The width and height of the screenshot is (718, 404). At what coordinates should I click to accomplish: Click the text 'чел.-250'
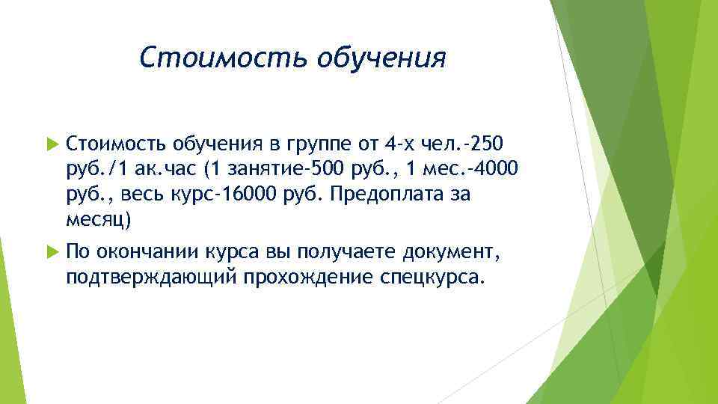pyautogui.click(x=473, y=142)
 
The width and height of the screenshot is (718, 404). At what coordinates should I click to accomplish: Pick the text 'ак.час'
pyautogui.click(x=165, y=169)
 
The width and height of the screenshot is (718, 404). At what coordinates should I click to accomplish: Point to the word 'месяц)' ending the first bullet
pyautogui.click(x=98, y=221)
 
